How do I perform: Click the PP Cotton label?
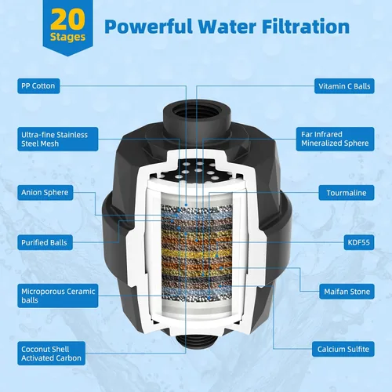pos(38,86)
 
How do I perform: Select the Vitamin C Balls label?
pos(344,86)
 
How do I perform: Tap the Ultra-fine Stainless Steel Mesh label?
pos(58,139)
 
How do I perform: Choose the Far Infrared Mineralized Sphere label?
pos(335,139)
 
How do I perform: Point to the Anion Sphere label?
pos(45,193)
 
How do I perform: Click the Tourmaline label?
pos(347,193)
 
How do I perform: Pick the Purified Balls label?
pos(45,242)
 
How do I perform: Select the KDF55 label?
pos(359,242)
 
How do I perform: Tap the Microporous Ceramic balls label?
pos(58,296)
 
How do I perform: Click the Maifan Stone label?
pos(347,292)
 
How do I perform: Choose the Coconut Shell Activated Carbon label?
pos(51,354)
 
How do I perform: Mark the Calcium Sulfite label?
pos(343,349)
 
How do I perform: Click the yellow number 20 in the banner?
pos(67,20)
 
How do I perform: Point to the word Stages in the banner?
pos(68,37)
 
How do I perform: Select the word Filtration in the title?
pos(306,26)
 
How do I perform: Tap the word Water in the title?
pos(227,27)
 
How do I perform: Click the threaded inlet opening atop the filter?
pos(197,111)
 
